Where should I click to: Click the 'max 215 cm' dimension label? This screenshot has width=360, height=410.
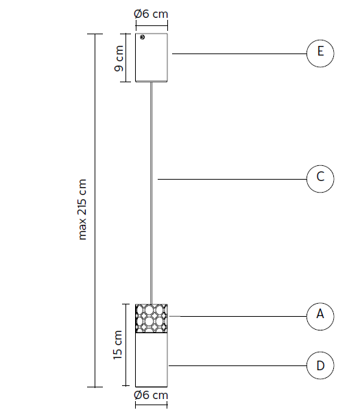pyautogui.click(x=82, y=210)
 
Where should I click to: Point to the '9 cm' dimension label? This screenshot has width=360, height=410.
pyautogui.click(x=119, y=58)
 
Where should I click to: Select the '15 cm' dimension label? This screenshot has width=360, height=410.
pyautogui.click(x=118, y=345)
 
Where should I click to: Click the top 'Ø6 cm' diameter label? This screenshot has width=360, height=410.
pyautogui.click(x=151, y=14)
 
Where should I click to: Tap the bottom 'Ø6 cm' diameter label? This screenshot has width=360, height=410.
pyautogui.click(x=151, y=395)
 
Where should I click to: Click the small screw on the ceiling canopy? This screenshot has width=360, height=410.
pyautogui.click(x=142, y=37)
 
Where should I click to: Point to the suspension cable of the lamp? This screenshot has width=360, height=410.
pyautogui.click(x=152, y=193)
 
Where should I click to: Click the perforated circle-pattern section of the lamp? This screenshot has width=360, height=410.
pyautogui.click(x=152, y=319)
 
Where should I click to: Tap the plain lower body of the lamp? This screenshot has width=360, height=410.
pyautogui.click(x=152, y=360)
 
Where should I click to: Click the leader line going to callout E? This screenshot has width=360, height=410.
pyautogui.click(x=239, y=54)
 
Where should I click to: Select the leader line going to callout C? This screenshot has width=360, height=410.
pyautogui.click(x=232, y=179)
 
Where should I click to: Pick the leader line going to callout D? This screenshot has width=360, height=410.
pyautogui.click(x=238, y=365)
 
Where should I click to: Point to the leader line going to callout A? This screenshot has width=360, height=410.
pyautogui.click(x=238, y=316)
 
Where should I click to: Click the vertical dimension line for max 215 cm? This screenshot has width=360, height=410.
pyautogui.click(x=95, y=210)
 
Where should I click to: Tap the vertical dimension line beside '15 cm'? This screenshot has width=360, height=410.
pyautogui.click(x=126, y=345)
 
